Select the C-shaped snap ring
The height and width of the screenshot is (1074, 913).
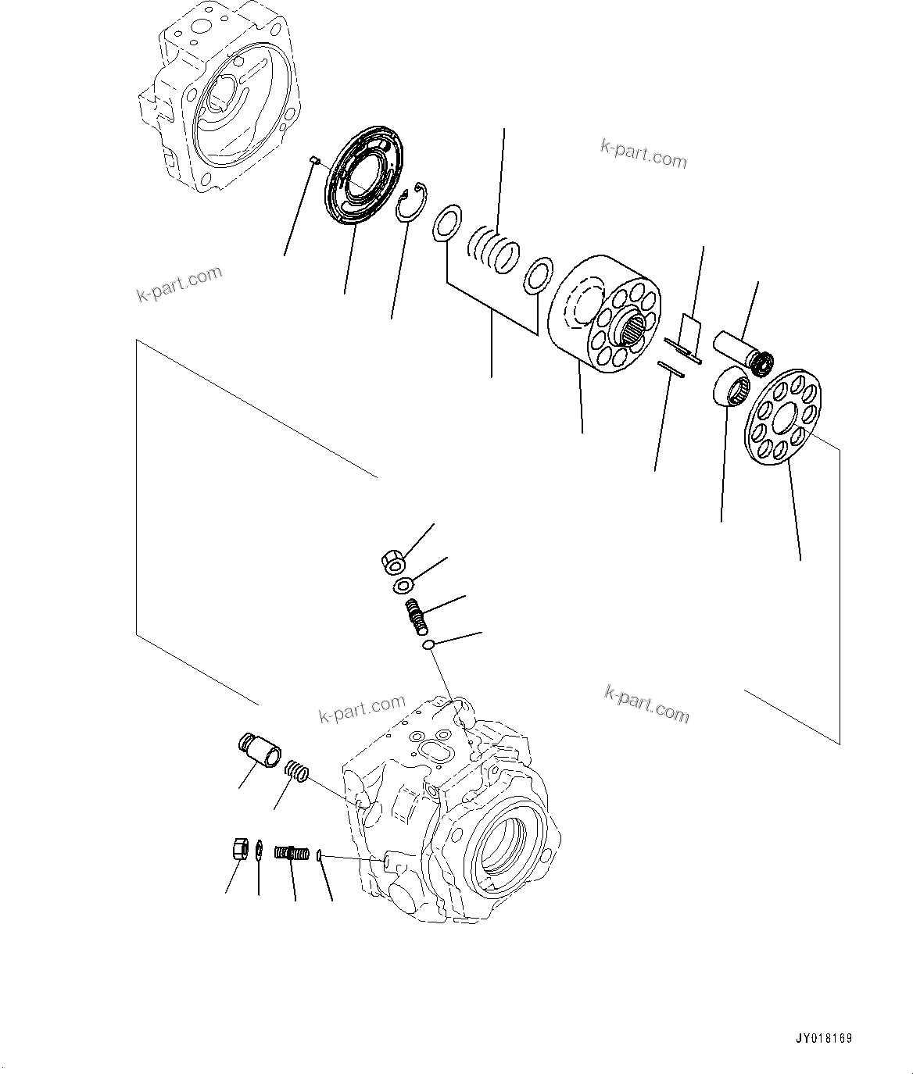(411, 202)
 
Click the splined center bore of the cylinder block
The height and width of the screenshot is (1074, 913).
(635, 332)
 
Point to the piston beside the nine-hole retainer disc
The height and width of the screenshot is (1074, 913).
(742, 348)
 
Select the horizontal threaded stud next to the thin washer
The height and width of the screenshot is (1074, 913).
(293, 853)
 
